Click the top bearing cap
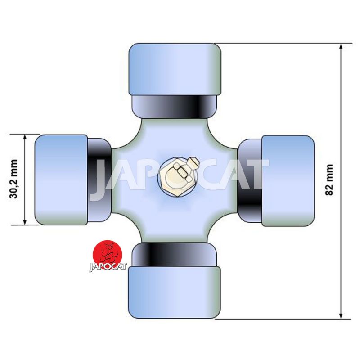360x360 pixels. coord(175,69)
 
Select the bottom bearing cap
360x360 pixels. coord(174,292)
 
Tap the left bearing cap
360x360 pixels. coord(61,180)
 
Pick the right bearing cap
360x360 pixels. coord(288,181)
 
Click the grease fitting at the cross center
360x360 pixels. coord(177,177)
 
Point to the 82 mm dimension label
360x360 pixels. coord(329,180)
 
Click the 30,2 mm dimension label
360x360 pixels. coord(13,179)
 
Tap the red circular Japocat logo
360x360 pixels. coord(107,255)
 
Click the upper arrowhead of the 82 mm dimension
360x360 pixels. coord(341,47)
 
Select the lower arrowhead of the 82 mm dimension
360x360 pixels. coord(341,315)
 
